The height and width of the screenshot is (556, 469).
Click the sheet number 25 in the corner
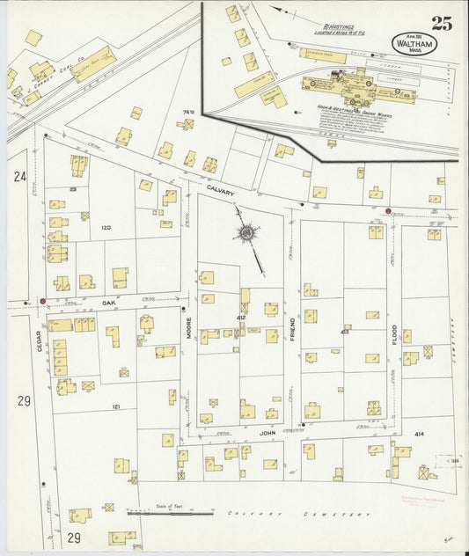(442, 24)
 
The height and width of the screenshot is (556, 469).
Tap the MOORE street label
(188, 329)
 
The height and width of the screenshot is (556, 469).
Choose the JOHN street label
(267, 433)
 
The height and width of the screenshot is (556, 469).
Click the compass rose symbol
(247, 233)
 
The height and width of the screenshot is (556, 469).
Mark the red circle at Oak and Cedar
(42, 301)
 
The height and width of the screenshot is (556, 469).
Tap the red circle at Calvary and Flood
(388, 211)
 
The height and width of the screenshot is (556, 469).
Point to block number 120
(107, 228)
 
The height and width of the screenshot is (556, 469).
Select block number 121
(116, 407)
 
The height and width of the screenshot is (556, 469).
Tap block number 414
(419, 434)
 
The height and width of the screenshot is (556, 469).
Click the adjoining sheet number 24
(19, 176)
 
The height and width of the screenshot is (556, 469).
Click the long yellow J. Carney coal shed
(94, 64)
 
